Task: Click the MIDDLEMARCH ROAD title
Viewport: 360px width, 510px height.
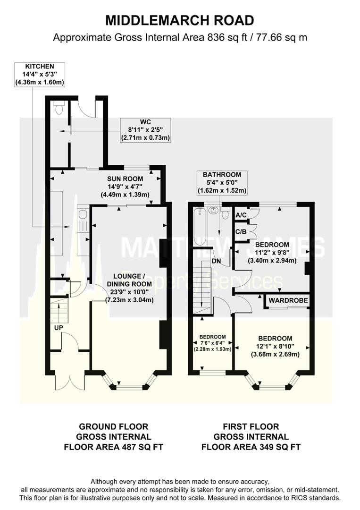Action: (180, 20)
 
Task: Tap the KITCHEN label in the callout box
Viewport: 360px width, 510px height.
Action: (40, 67)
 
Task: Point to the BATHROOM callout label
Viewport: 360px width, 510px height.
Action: (222, 175)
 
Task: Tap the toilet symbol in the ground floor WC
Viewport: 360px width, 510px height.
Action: (59, 109)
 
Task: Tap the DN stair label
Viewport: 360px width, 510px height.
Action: (217, 260)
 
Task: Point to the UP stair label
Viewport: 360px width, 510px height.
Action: (59, 328)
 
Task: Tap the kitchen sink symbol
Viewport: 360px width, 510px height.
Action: (83, 215)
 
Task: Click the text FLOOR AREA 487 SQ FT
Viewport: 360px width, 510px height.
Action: (115, 447)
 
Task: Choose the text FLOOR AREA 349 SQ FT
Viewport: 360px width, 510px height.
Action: (251, 447)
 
